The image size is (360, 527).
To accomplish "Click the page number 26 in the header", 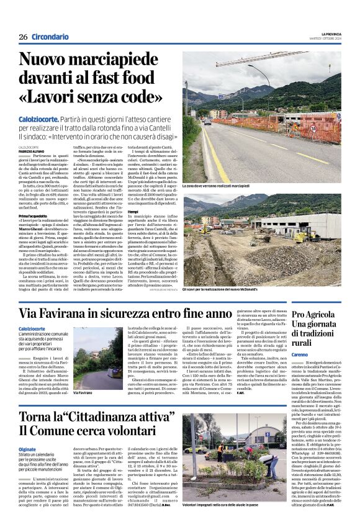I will pyautogui.click(x=23, y=37).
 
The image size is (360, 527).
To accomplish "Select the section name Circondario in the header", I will pyautogui.click(x=50, y=37).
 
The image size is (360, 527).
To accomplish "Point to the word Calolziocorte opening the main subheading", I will pyautogui.click(x=39, y=118).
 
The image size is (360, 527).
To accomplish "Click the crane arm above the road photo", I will pyautogui.click(x=261, y=63).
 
